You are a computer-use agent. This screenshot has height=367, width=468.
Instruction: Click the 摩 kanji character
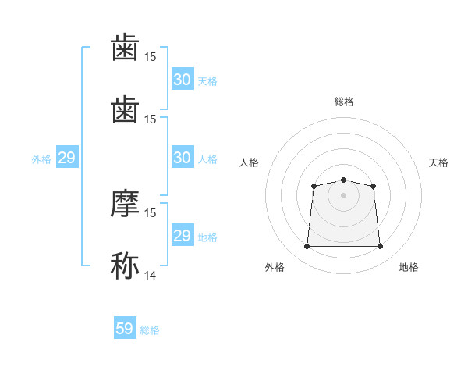coord(125,203)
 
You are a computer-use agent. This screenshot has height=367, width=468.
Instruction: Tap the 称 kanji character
coord(125,265)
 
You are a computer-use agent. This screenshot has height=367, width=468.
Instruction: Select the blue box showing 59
coord(125,327)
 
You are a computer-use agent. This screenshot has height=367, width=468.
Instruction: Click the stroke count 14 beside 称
coord(150,275)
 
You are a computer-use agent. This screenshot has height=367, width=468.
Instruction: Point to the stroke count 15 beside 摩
coord(150,213)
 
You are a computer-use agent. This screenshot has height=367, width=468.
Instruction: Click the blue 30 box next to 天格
coord(183,79)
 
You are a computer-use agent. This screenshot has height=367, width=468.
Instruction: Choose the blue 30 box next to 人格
coord(183,157)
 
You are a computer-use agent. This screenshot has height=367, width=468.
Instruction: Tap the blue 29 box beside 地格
coord(183,234)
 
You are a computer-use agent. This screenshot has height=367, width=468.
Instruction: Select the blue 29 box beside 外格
coord(67,157)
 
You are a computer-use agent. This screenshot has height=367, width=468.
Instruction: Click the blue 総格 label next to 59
coord(150,330)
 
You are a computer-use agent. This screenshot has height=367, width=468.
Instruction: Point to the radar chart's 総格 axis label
coord(344,102)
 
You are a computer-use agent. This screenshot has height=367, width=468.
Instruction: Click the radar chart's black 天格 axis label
coord(438,162)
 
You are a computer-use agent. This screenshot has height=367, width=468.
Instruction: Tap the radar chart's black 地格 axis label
coord(409,267)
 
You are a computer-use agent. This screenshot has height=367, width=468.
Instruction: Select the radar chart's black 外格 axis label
coord(275,267)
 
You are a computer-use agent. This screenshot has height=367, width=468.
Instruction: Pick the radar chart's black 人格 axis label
coord(249,162)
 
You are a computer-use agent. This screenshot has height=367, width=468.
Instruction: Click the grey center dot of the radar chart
coord(343,195)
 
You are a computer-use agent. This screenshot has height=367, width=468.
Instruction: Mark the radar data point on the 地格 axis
coord(380,246)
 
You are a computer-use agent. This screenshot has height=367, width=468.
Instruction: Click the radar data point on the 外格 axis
coord(307,246)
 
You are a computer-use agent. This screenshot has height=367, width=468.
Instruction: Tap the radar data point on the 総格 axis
coord(343,180)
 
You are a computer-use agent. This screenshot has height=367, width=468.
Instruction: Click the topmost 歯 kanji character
coord(125,47)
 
